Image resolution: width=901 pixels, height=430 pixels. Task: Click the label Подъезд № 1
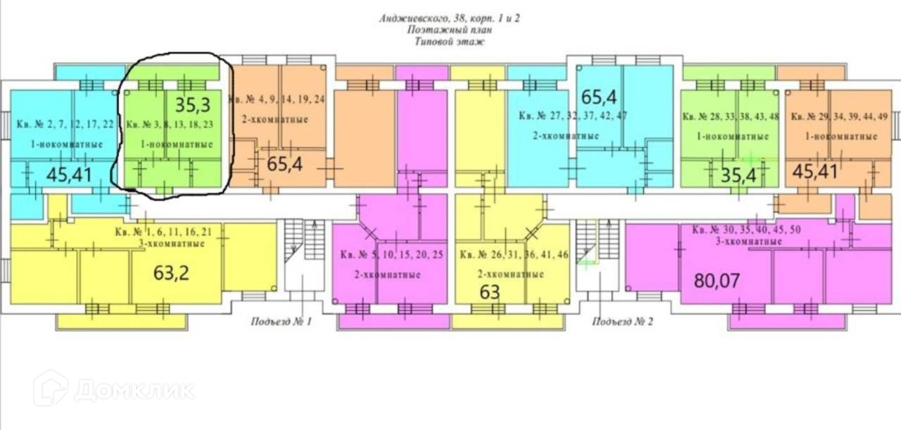click(x=281, y=322)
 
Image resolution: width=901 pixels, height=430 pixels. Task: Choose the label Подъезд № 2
click(x=623, y=322)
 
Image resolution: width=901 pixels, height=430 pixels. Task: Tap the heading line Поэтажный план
click(x=450, y=30)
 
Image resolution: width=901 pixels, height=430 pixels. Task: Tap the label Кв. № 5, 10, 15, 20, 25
click(x=391, y=254)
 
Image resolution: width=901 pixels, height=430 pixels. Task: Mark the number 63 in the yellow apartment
click(x=490, y=291)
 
